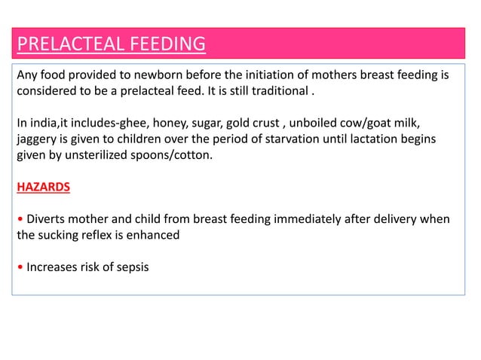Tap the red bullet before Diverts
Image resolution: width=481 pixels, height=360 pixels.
tap(20, 219)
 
